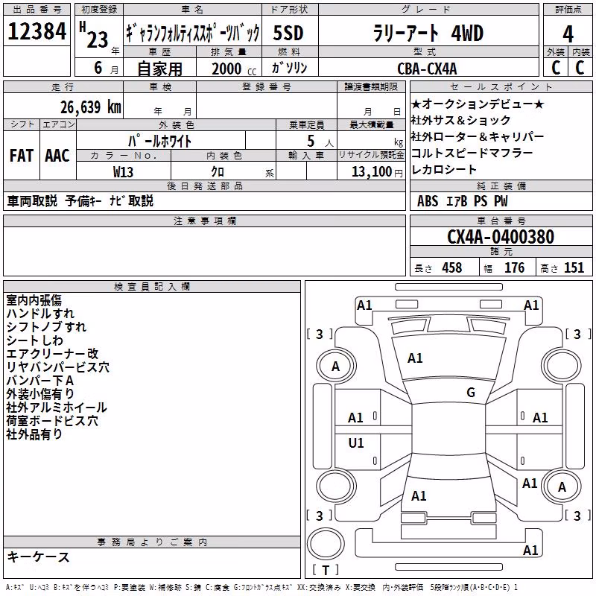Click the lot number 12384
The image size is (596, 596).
[x=37, y=31]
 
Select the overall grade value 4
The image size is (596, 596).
[x=568, y=34]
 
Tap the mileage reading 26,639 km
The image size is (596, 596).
[x=91, y=107]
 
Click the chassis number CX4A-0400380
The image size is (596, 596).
[x=501, y=237]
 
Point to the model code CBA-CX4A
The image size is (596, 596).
[x=427, y=69]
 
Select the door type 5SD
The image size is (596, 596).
[x=288, y=33]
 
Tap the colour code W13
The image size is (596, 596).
[x=123, y=172]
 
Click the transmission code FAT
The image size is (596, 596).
[x=22, y=156]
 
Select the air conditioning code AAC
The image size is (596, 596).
[x=57, y=156]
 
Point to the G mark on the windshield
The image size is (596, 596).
[x=471, y=392]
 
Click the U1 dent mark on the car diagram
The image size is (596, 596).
[x=356, y=443]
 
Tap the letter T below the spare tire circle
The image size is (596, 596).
[x=326, y=570]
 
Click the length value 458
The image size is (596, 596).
[x=452, y=267]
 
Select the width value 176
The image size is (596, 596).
[x=514, y=267]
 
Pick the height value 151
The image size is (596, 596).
[x=574, y=267]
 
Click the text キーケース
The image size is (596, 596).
[x=39, y=557]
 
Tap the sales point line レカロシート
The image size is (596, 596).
[x=443, y=169]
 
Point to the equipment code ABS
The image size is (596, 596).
[x=428, y=200]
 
